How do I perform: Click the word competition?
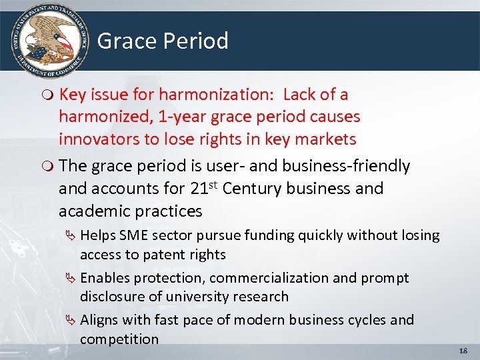point(119,339)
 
